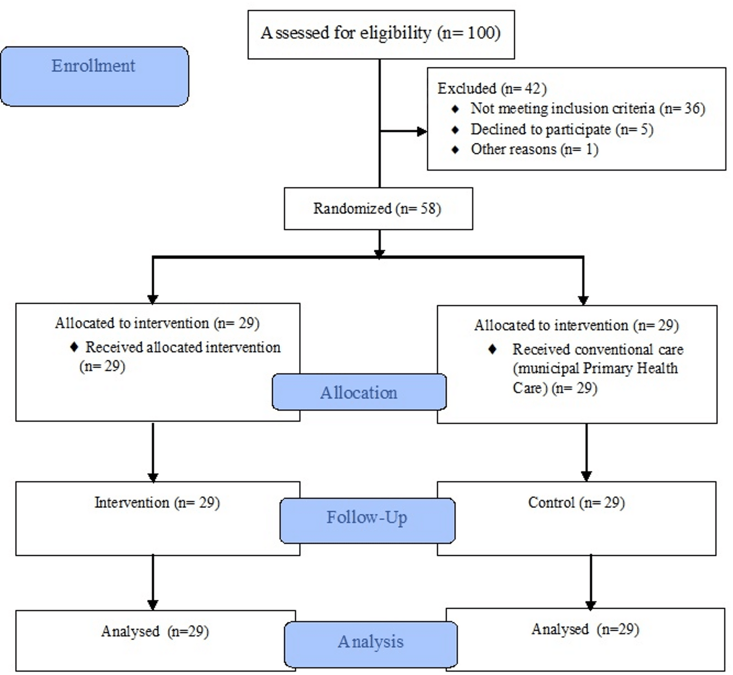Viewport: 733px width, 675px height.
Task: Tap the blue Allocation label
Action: [359, 392]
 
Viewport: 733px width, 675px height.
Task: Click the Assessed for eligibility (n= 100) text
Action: [380, 33]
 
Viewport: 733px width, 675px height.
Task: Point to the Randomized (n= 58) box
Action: [378, 209]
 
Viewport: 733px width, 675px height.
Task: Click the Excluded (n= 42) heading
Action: [492, 88]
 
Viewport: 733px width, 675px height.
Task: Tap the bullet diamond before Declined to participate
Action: [455, 130]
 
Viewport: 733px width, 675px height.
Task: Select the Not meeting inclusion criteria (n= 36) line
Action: [587, 108]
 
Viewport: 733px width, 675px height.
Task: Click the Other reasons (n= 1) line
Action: [534, 149]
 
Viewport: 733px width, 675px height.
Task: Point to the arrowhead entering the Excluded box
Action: [421, 131]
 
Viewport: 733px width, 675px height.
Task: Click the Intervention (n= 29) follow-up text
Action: [157, 503]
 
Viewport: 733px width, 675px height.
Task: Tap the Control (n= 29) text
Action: [576, 503]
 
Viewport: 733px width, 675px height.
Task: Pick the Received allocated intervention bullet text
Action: [182, 347]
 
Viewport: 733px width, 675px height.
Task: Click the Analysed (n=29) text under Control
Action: [585, 629]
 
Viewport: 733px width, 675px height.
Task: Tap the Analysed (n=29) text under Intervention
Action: [155, 631]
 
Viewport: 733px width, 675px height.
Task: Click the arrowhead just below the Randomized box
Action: [379, 254]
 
